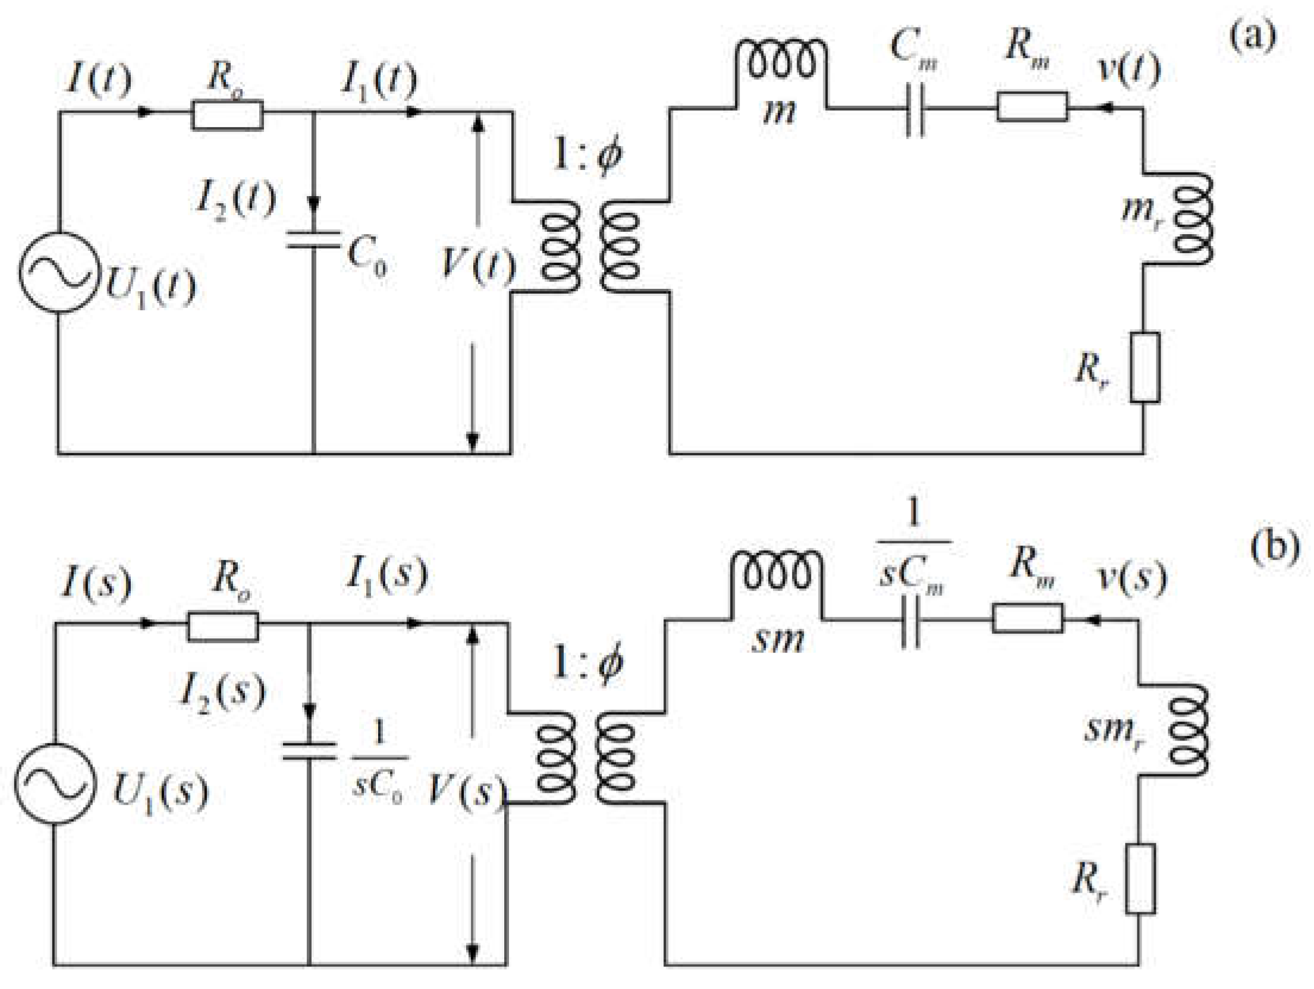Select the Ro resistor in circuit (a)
tap(227, 115)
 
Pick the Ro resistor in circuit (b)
tap(223, 627)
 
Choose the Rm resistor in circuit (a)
tap(1032, 107)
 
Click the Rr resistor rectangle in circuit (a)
tap(1145, 367)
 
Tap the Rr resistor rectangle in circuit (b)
tap(1140, 878)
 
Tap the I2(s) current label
tap(222, 692)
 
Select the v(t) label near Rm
tap(1128, 70)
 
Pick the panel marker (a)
tap(1252, 36)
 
